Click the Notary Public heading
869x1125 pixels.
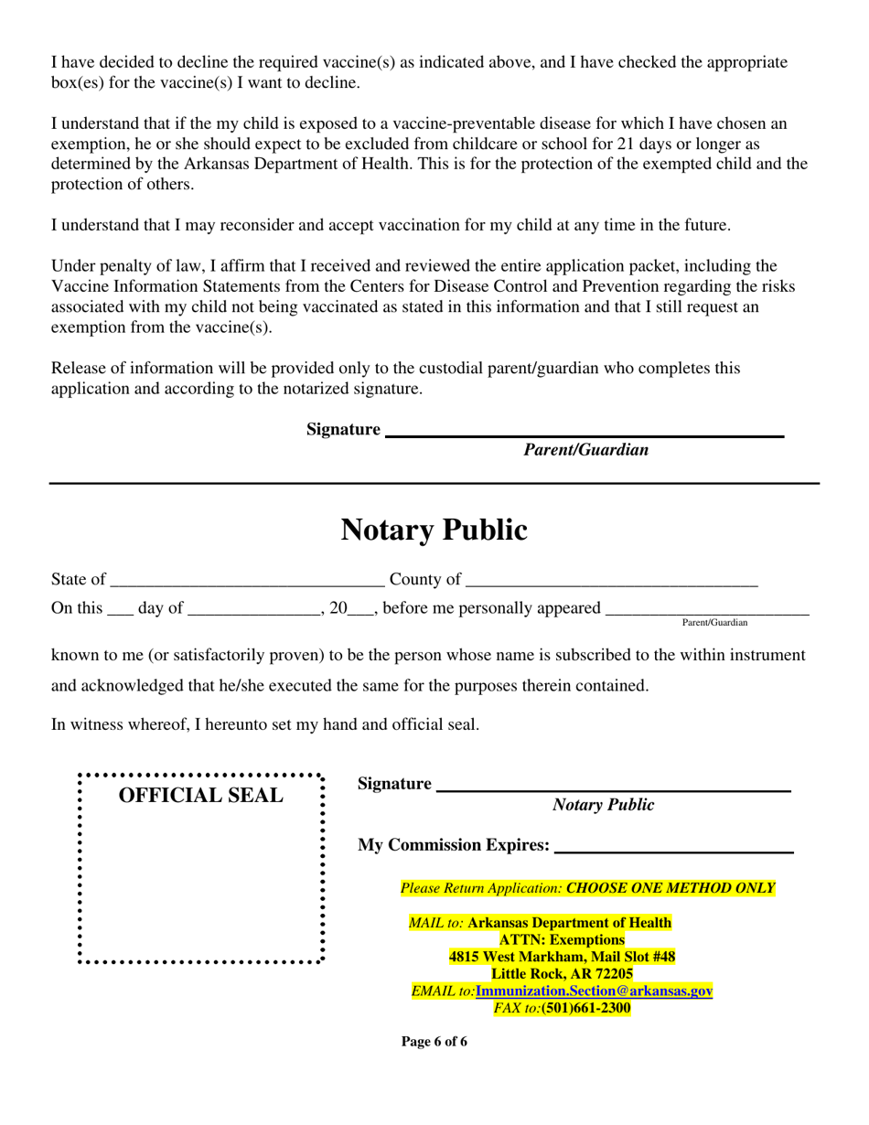[434, 530]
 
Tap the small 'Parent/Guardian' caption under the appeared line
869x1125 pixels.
[714, 623]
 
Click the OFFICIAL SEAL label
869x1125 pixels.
[201, 796]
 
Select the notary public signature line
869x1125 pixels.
[613, 787]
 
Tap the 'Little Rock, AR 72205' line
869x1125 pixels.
[562, 974]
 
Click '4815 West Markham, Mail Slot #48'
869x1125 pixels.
[562, 957]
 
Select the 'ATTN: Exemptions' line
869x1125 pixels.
[562, 939]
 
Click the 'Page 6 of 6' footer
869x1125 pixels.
[434, 1042]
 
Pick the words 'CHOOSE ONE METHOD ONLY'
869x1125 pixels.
[671, 888]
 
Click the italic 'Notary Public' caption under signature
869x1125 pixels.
[603, 805]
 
